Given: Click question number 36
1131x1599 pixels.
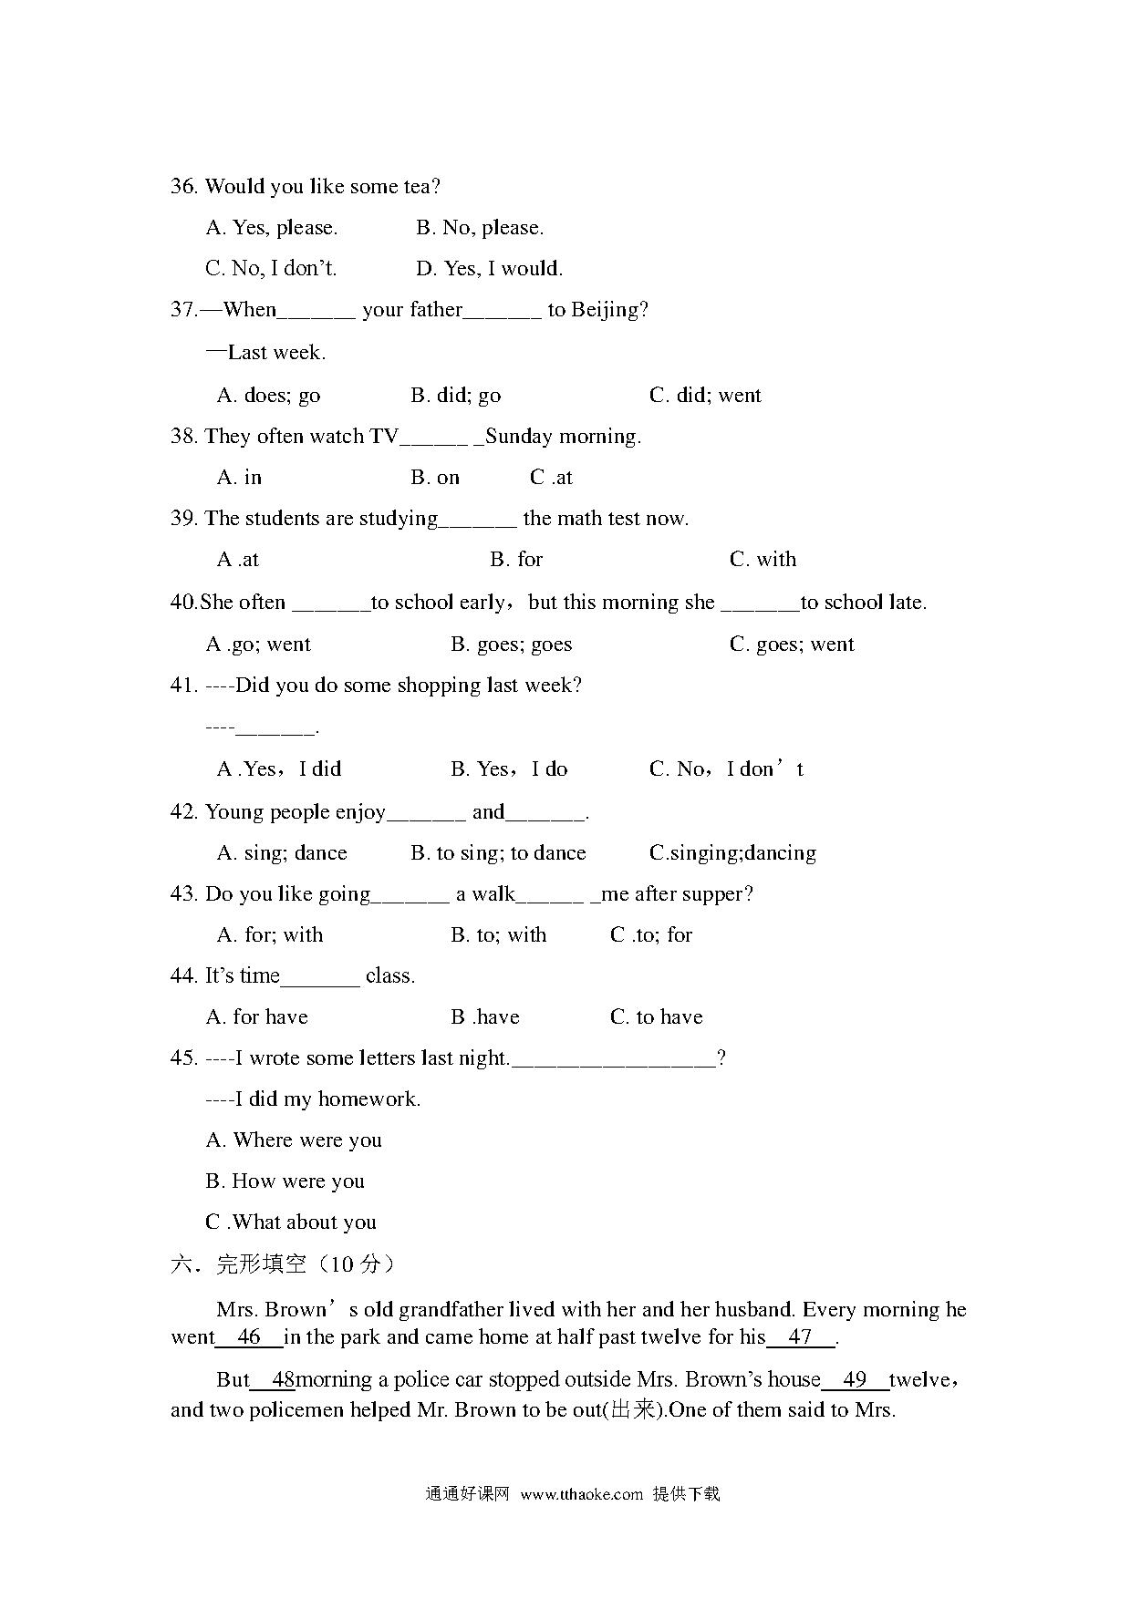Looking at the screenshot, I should [183, 187].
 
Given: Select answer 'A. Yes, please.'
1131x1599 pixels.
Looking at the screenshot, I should [272, 228].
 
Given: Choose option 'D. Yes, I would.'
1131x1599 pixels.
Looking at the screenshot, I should [489, 269].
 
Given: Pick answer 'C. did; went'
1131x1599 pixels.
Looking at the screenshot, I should [704, 396].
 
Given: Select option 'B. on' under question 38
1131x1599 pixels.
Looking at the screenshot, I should [434, 478].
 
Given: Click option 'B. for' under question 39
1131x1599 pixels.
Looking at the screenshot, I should [515, 560].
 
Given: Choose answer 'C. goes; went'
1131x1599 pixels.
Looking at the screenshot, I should [791, 645].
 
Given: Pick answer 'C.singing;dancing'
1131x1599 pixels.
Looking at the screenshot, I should [732, 853].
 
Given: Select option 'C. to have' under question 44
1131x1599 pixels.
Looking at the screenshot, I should [656, 1017].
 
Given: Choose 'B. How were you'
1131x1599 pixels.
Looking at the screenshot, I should [285, 1181].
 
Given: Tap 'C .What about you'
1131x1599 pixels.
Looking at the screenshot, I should [290, 1222].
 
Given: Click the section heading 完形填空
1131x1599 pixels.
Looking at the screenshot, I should [261, 1264].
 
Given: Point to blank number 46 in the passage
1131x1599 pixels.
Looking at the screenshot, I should [248, 1337].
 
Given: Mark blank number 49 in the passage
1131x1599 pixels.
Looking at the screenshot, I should [855, 1379].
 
